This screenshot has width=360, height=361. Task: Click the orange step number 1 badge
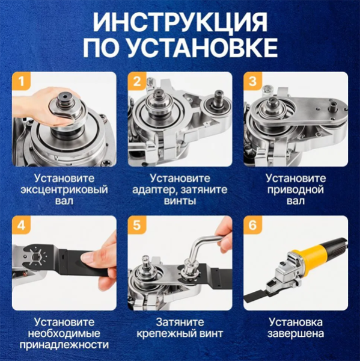pos(22,81)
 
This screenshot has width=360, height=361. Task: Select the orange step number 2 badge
pos(137,81)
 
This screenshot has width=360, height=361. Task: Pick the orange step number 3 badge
pos(253,81)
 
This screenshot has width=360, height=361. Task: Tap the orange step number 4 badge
pos(22,225)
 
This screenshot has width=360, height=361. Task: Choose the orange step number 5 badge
pos(137,225)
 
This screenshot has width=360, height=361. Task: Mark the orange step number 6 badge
pos(253,225)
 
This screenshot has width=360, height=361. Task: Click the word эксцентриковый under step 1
pos(64,190)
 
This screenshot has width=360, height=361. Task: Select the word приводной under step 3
pos(296,190)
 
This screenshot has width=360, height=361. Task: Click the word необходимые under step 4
pos(64,334)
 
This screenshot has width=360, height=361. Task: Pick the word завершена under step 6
pos(296,334)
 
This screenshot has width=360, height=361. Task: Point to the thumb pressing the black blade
pos(92,256)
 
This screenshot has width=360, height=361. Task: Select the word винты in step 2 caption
pos(180,201)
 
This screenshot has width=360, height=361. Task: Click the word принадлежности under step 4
pos(64,345)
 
